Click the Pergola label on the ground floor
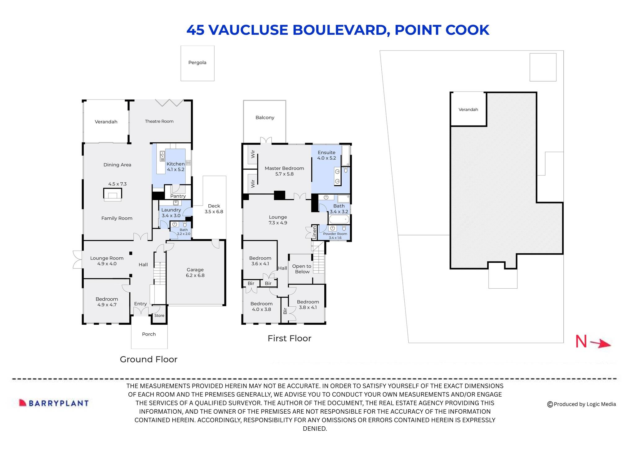pyautogui.click(x=197, y=63)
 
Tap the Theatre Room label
pyautogui.click(x=159, y=121)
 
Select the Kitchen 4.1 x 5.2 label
pyautogui.click(x=175, y=167)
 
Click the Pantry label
pyautogui.click(x=178, y=196)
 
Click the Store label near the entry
pyautogui.click(x=159, y=315)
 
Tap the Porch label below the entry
pyautogui.click(x=149, y=334)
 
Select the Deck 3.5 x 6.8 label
pyautogui.click(x=214, y=209)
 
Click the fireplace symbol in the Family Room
pyautogui.click(x=112, y=194)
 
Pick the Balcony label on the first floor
pyautogui.click(x=265, y=118)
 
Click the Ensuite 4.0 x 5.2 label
pyautogui.click(x=326, y=155)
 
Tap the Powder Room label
pyautogui.click(x=335, y=234)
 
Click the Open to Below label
pyautogui.click(x=302, y=269)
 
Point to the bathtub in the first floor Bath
pyautogui.click(x=339, y=220)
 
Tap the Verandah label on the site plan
pyautogui.click(x=468, y=109)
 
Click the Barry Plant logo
pyautogui.click(x=54, y=403)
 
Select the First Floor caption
pyautogui.click(x=289, y=338)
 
